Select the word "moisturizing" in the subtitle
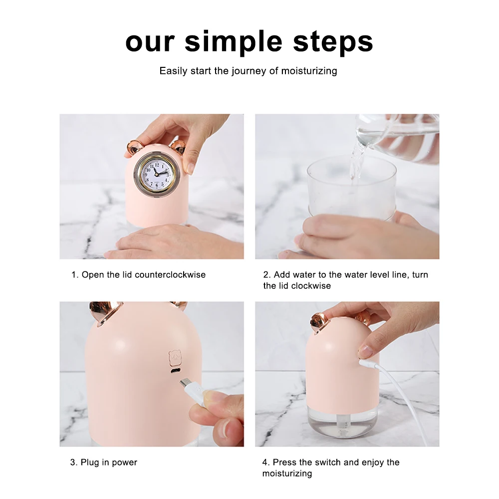[x=309, y=71]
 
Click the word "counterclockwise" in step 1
[x=170, y=274]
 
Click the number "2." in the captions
[x=267, y=274]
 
